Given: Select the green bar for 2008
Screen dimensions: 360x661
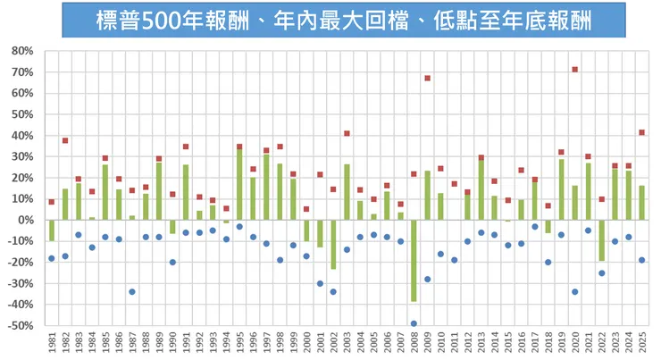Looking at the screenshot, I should click(x=414, y=261).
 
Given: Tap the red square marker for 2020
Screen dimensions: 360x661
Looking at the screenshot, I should click(x=574, y=70).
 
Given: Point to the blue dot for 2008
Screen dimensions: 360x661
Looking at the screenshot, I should click(x=414, y=323).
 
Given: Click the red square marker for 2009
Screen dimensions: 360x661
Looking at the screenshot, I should click(x=428, y=79).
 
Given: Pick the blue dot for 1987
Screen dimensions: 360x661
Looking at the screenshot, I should click(x=132, y=292).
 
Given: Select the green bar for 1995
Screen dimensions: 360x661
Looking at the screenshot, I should click(x=239, y=184).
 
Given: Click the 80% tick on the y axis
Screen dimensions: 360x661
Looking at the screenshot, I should click(x=21, y=51).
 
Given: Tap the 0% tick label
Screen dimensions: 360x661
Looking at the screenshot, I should click(x=24, y=221).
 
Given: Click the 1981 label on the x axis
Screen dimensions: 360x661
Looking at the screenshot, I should click(x=52, y=344).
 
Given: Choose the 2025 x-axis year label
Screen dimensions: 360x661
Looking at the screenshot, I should click(x=641, y=344).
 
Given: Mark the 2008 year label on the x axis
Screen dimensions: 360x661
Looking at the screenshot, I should click(x=414, y=344).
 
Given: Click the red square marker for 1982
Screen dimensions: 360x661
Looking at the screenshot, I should click(x=65, y=141).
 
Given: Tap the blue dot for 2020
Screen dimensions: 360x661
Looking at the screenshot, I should click(x=574, y=292).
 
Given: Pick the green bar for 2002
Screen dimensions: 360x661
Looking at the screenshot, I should click(x=333, y=245).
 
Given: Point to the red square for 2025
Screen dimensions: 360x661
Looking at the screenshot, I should click(x=641, y=133).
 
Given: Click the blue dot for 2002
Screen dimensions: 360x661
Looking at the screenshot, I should click(x=333, y=292).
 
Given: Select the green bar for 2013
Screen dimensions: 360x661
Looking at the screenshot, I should click(x=481, y=189).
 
